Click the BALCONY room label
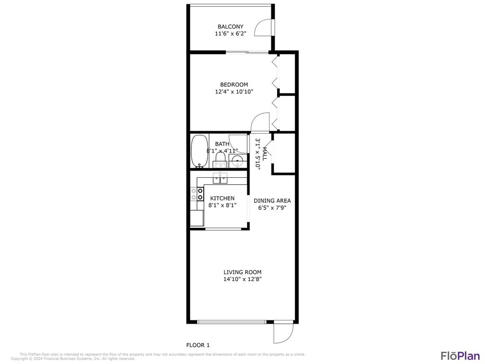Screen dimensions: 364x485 (230, 27)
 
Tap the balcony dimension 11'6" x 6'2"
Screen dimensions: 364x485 (230, 34)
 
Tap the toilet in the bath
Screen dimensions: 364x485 (220, 157)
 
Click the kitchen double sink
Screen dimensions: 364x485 (220, 179)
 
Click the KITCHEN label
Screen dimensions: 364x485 (222, 198)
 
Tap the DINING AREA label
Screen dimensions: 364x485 (272, 200)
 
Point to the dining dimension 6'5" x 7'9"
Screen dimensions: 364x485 (272, 208)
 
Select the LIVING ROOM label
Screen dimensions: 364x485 (242, 272)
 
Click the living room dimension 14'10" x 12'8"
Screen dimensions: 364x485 (242, 279)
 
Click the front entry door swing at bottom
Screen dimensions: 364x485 (282, 333)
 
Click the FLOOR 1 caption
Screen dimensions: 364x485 (198, 345)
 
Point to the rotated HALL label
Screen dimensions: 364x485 (265, 154)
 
